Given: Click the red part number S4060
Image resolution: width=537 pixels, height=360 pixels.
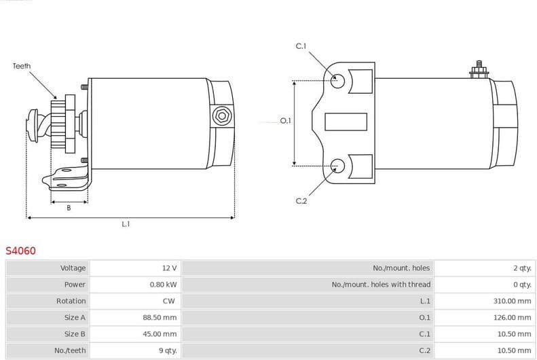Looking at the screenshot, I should (20, 251).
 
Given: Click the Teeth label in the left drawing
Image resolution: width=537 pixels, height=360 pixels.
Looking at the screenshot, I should (22, 66).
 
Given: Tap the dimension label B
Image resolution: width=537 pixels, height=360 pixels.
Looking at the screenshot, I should (69, 209).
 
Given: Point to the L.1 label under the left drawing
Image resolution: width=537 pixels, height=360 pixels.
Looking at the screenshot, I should (126, 223).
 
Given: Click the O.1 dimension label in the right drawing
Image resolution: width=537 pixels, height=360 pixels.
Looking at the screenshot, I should (285, 121).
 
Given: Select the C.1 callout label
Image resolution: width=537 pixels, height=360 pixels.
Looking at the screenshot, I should (301, 46).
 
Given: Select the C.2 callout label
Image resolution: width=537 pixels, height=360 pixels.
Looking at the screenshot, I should (301, 201).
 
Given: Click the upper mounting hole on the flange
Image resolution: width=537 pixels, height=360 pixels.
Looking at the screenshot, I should (337, 81).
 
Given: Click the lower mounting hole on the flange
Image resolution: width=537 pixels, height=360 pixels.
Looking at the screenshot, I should (337, 164).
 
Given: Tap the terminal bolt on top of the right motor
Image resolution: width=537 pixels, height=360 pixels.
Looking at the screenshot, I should (479, 69).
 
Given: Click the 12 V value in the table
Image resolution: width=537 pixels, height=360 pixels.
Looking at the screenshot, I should (169, 268).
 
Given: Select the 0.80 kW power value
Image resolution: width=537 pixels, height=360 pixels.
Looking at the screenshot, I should (163, 285).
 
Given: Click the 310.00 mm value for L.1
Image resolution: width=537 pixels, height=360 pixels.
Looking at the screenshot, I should (512, 301).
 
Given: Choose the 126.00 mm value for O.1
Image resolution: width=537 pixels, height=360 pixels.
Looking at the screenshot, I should (512, 317).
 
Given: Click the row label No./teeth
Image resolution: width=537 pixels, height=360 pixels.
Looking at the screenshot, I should (71, 350).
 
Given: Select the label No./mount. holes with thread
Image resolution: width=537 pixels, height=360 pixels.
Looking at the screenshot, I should (381, 285).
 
